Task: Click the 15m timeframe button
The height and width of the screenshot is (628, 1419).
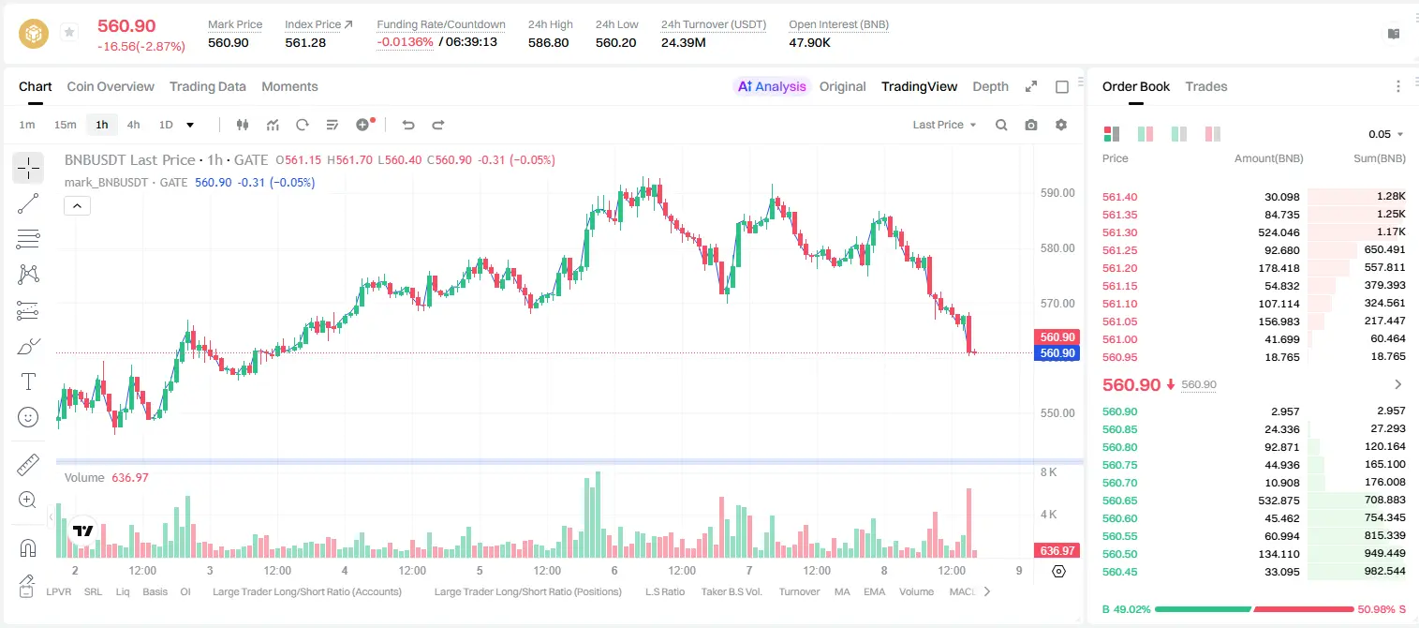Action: [x=65, y=125]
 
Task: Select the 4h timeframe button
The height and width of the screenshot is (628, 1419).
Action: [x=133, y=125]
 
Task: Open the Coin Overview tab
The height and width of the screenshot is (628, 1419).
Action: [x=111, y=86]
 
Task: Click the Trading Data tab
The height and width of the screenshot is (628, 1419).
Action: [x=207, y=86]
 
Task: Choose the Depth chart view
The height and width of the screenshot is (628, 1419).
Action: [x=990, y=86]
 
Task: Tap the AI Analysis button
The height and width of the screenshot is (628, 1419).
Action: [x=772, y=86]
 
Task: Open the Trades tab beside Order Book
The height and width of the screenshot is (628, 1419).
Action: [x=1205, y=86]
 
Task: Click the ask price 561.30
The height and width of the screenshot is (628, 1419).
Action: [x=1119, y=232]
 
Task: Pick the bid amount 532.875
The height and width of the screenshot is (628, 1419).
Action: [x=1279, y=501]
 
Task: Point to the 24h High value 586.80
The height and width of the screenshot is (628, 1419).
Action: [x=548, y=42]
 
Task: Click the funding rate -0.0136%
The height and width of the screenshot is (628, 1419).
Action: [x=405, y=42]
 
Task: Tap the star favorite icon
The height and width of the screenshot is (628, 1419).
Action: [x=69, y=32]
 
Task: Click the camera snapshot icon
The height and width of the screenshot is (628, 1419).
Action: [x=1030, y=125]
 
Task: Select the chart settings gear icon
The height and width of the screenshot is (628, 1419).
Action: [x=1061, y=125]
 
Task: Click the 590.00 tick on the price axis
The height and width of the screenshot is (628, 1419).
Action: [x=1057, y=193]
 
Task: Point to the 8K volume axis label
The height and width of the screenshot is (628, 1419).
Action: [x=1048, y=472]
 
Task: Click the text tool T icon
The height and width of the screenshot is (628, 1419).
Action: [x=28, y=381]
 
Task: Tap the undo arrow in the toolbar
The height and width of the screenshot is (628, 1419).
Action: [x=408, y=125]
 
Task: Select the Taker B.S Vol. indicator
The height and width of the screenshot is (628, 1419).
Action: [x=731, y=591]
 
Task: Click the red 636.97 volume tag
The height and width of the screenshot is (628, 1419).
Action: [x=1057, y=551]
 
